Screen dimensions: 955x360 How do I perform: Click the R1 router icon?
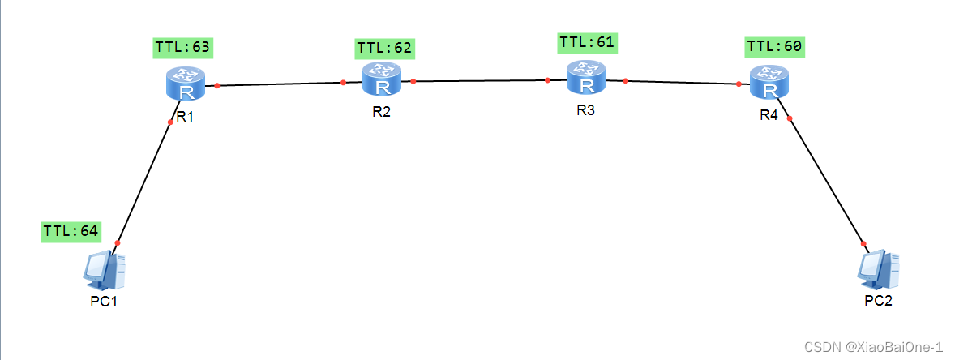[186, 84]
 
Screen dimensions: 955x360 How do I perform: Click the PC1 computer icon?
[105, 270]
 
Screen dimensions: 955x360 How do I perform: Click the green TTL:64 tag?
[71, 231]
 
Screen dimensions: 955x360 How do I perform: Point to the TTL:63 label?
[182, 48]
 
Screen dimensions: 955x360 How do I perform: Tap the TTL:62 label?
[385, 49]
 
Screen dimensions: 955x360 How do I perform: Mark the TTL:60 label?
[774, 47]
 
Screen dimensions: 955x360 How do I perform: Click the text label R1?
[185, 117]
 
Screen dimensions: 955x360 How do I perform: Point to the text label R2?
[381, 112]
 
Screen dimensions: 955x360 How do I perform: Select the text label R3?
[585, 110]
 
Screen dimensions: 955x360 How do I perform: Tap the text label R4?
[769, 116]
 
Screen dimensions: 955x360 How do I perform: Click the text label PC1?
[105, 302]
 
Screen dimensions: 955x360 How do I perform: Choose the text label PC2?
[878, 302]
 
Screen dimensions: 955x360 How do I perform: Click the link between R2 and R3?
[480, 80]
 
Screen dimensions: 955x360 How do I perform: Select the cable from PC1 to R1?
[144, 182]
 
